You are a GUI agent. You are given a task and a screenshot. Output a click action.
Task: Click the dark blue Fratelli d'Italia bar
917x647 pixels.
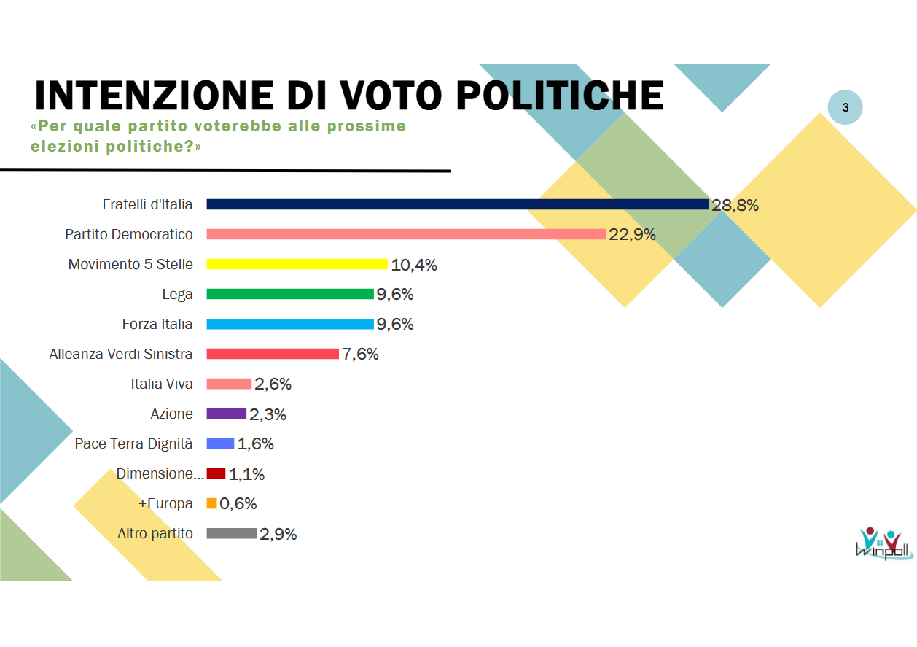457,204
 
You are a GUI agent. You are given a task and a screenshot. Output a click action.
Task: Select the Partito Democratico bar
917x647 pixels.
406,234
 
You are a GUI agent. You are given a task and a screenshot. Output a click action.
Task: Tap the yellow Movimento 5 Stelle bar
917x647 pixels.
297,264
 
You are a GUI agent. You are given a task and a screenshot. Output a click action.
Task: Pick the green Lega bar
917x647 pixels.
290,294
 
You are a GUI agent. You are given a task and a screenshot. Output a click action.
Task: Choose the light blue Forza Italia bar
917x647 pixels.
290,324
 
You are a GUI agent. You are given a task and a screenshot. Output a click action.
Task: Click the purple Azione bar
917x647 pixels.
226,414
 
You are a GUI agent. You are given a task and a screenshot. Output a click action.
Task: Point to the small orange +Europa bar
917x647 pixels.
211,503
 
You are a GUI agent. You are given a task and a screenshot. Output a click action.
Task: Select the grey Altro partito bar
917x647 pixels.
232,533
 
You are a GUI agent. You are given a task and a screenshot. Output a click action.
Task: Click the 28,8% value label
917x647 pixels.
735,205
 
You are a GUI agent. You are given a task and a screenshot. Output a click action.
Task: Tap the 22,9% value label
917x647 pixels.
632,235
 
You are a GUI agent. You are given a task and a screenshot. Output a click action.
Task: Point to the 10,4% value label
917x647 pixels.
414,265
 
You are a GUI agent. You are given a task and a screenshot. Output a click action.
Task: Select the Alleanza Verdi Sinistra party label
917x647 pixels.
121,354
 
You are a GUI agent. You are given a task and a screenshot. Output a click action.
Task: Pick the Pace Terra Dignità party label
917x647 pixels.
133,443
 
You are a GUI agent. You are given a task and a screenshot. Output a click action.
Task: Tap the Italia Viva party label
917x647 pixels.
162,384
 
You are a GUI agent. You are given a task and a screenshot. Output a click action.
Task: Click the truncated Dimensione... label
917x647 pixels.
160,473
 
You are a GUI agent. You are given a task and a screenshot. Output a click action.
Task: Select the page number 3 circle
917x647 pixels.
845,108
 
